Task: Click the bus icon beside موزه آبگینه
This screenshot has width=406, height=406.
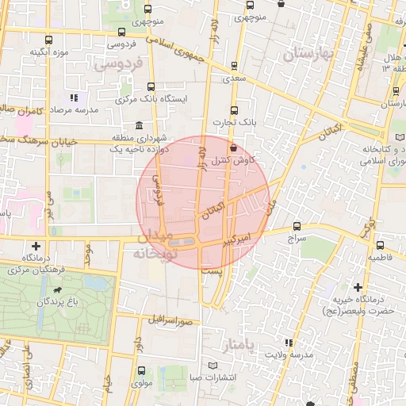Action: [48, 40]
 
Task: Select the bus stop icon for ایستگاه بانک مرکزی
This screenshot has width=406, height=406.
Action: [151, 87]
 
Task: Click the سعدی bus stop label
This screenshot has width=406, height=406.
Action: [234, 79]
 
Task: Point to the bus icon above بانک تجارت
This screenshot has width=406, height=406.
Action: [234, 110]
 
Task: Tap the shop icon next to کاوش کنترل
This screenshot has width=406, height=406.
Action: [232, 147]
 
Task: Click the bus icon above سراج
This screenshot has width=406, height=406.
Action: [297, 226]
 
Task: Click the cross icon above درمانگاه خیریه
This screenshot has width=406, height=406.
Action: [358, 286]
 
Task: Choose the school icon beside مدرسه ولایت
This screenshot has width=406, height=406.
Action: [288, 343]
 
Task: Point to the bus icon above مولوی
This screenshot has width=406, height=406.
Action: [140, 370]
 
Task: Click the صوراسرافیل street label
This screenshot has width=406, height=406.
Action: [170, 320]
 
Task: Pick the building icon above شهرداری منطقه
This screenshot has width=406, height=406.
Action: [140, 125]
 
